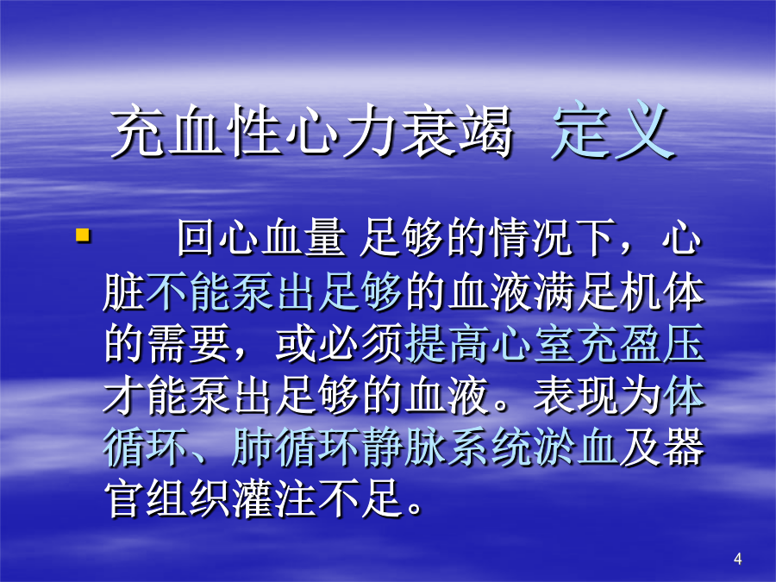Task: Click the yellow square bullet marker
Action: (83, 235)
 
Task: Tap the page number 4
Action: (738, 560)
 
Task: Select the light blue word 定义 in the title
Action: (613, 131)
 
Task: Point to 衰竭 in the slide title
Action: (456, 131)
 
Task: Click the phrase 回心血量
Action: (262, 239)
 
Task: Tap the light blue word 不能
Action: (188, 292)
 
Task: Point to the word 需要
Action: (189, 343)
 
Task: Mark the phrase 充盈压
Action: (641, 343)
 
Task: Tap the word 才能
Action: (146, 396)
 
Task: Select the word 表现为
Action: (598, 396)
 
